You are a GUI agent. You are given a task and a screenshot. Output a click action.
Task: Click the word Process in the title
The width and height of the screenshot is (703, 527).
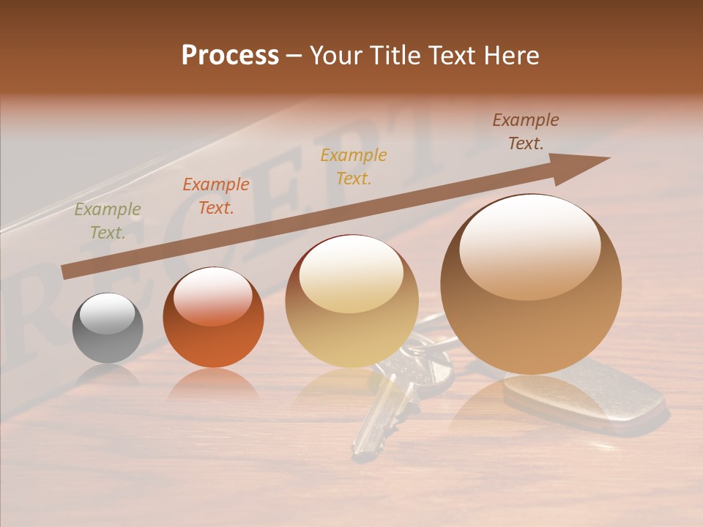tap(230, 56)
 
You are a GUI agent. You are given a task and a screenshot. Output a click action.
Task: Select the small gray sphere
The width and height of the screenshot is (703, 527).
tap(108, 329)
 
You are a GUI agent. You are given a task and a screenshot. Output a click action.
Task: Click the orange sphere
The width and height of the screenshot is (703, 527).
tap(213, 318)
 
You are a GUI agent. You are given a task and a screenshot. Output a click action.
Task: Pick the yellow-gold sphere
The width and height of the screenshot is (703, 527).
tap(351, 302)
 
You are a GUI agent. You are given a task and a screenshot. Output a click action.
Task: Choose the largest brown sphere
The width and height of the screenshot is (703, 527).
tap(531, 284)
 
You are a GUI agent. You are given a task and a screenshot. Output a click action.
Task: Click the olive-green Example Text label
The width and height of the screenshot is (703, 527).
tap(107, 221)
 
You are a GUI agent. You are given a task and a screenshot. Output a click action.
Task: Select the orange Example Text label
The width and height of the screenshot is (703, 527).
tap(216, 196)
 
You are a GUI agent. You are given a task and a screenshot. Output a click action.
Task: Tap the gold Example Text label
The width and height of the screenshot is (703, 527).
tap(354, 166)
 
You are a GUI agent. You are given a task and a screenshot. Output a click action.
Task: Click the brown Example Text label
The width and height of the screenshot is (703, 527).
tap(526, 132)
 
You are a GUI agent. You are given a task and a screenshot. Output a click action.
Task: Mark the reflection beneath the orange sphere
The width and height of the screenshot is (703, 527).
tap(213, 384)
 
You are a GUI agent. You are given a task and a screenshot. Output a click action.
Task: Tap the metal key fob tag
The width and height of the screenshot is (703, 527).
tap(586, 395)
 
